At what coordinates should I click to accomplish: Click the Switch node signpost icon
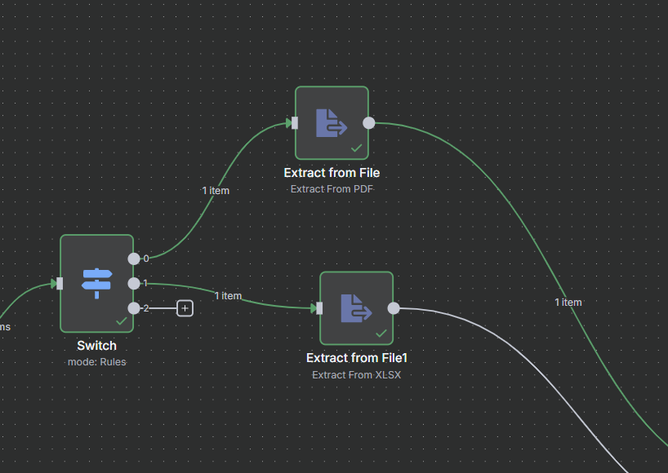coord(96,282)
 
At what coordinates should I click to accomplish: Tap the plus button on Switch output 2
coord(185,308)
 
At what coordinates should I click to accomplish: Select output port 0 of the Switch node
coord(134,259)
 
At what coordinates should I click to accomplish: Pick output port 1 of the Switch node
coord(134,283)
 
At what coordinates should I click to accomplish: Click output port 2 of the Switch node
coord(134,307)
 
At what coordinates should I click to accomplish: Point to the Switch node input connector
coord(60,283)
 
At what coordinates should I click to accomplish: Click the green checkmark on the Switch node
coord(121,321)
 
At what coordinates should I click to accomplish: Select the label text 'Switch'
coord(96,346)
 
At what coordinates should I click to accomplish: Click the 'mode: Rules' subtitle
coord(96,361)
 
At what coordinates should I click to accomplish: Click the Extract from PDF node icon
coord(332,123)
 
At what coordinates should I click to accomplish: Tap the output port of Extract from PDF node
coord(369,123)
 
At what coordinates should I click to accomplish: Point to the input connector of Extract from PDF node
coord(295,123)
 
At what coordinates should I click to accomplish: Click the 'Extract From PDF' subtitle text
coord(332,188)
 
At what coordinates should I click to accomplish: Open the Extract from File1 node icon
coord(356,308)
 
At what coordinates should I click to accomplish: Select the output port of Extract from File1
coord(394,308)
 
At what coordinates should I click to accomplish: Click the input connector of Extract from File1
coord(319,308)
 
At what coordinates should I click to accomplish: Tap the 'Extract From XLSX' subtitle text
coord(356,375)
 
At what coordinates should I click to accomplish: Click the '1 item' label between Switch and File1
coord(228,296)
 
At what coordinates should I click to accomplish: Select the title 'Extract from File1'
coord(356,358)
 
